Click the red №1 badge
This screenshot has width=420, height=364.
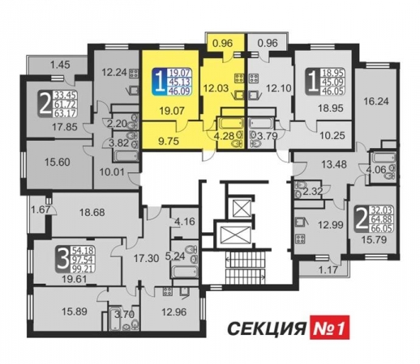[x=329, y=327]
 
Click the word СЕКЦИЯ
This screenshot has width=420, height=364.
[x=267, y=328]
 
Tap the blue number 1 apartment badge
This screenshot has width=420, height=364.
[x=160, y=82]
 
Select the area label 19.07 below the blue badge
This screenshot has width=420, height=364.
[x=172, y=111]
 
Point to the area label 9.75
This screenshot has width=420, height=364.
[x=169, y=141]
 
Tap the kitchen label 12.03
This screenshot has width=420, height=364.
[x=216, y=88]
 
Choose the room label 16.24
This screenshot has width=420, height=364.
[x=376, y=101]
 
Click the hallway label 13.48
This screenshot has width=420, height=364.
[x=334, y=164]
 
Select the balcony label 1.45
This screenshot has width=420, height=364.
[x=60, y=65]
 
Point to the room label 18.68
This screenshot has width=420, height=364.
[x=92, y=213]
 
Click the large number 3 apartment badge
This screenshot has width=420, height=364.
[x=62, y=259]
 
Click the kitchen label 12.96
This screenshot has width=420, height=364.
[x=174, y=312]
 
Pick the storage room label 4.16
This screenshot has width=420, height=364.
[x=185, y=222]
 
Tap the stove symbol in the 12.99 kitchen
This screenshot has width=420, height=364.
[x=300, y=238]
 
